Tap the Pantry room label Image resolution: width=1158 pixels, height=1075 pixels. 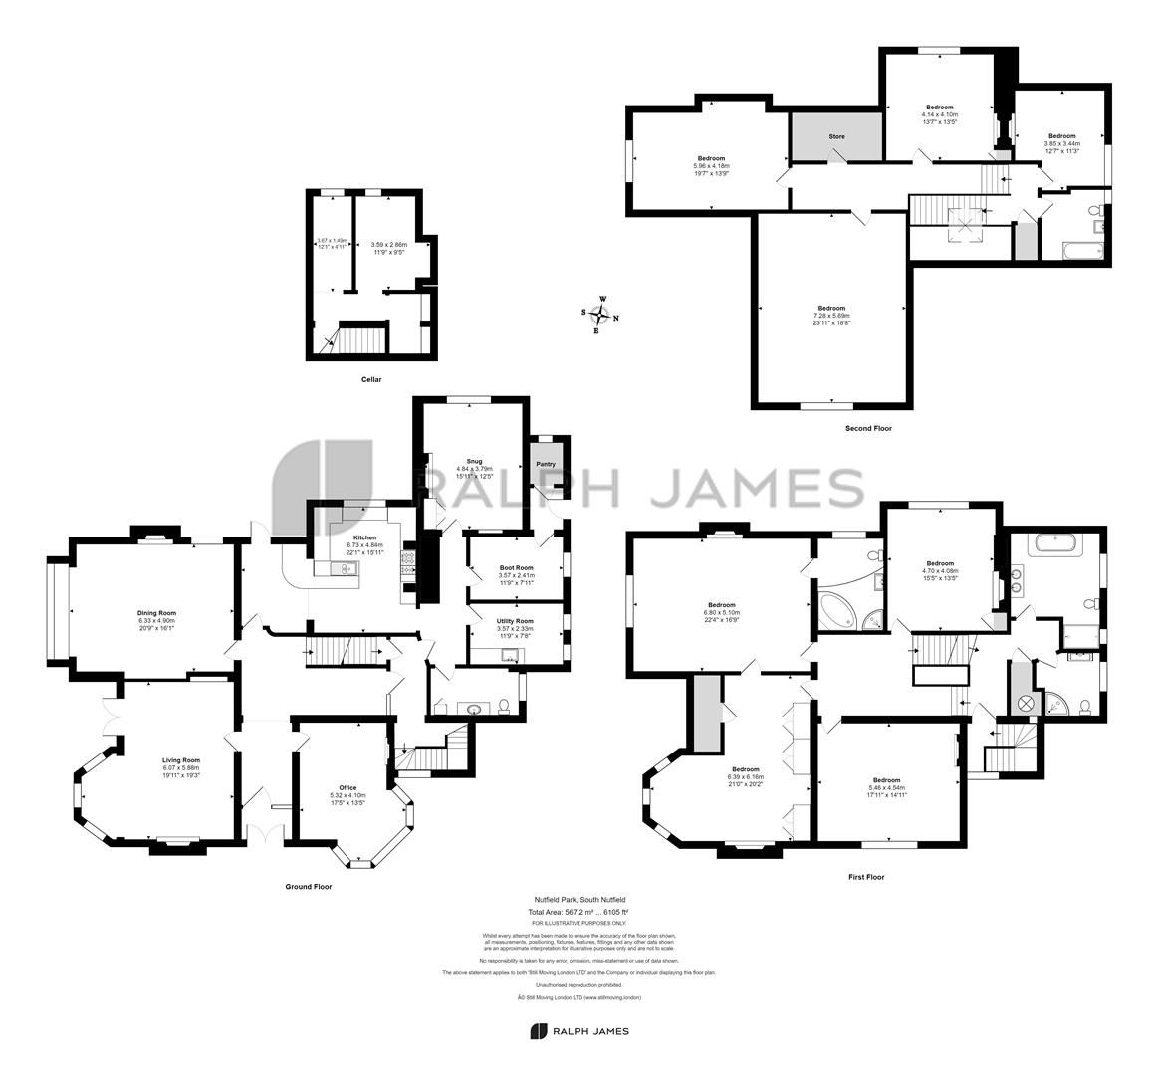tap(546, 464)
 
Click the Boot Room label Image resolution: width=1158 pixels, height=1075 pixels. tap(516, 568)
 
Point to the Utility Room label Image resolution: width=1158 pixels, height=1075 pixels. tap(516, 621)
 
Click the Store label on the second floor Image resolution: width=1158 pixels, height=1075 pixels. tap(837, 136)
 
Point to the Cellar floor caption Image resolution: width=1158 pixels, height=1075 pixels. tap(371, 379)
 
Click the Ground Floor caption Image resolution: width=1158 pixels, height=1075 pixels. tap(308, 886)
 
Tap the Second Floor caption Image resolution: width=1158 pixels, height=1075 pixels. tap(867, 428)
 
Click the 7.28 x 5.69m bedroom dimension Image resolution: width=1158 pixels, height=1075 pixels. tap(831, 315)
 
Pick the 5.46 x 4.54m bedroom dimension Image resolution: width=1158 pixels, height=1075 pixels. tap(886, 787)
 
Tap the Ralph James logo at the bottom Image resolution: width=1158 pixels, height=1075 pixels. tap(579, 1031)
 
